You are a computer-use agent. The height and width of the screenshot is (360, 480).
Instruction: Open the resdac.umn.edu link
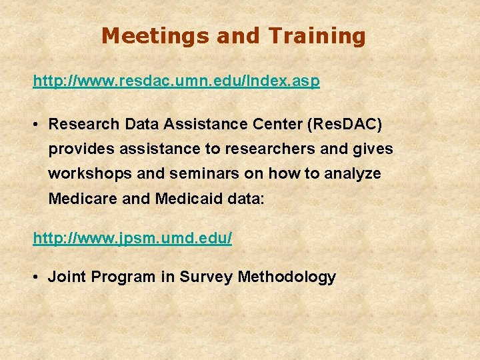[177, 81]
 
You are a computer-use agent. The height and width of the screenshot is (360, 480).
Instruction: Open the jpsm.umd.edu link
[133, 238]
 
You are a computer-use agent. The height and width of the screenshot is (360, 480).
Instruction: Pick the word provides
[75, 149]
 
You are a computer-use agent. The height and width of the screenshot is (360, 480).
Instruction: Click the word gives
[375, 149]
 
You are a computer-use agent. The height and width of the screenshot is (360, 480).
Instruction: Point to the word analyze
[353, 174]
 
